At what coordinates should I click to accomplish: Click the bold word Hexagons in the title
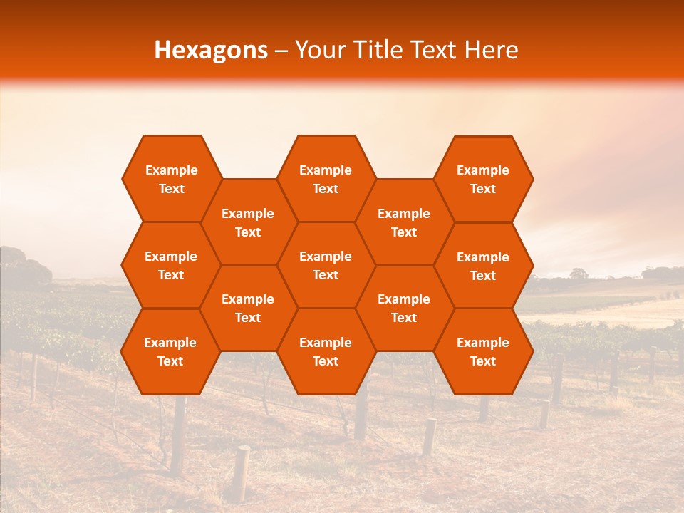[211, 50]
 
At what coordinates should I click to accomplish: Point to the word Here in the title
[491, 50]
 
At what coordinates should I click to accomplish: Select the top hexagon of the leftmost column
[171, 179]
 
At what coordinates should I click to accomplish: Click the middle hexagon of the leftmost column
[171, 265]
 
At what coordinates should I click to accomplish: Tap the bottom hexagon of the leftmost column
[170, 351]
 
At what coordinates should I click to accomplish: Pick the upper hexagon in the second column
[248, 222]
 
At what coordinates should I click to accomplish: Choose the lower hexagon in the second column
[248, 308]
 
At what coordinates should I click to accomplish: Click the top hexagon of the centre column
[326, 179]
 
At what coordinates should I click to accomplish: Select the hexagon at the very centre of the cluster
[326, 265]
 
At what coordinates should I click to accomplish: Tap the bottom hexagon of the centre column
[326, 351]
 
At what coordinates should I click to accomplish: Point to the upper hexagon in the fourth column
[404, 222]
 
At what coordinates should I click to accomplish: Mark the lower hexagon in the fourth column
[404, 308]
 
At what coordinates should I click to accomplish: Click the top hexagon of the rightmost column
[483, 179]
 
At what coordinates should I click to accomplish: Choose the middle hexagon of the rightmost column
[483, 266]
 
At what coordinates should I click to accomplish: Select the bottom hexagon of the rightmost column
[483, 351]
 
